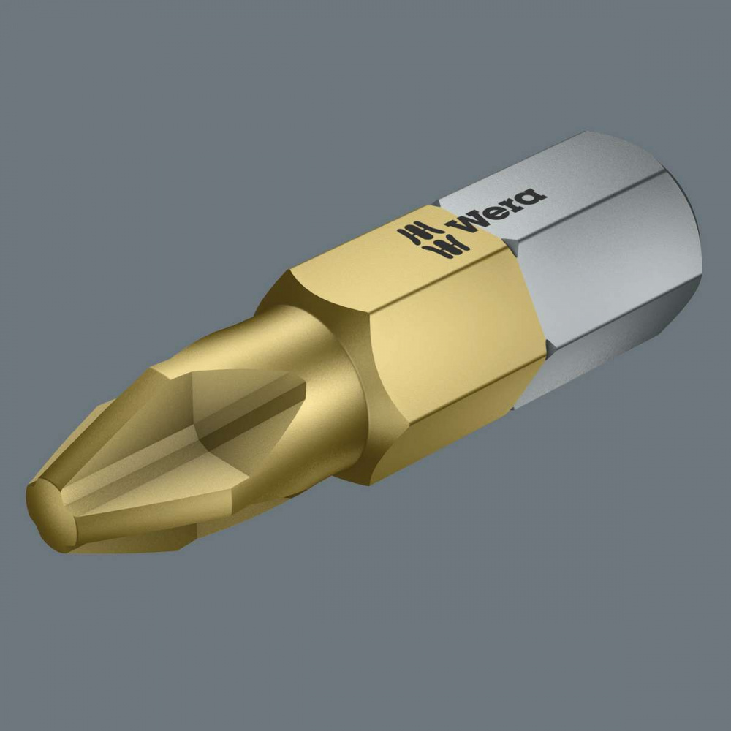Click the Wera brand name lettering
click(496, 211)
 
